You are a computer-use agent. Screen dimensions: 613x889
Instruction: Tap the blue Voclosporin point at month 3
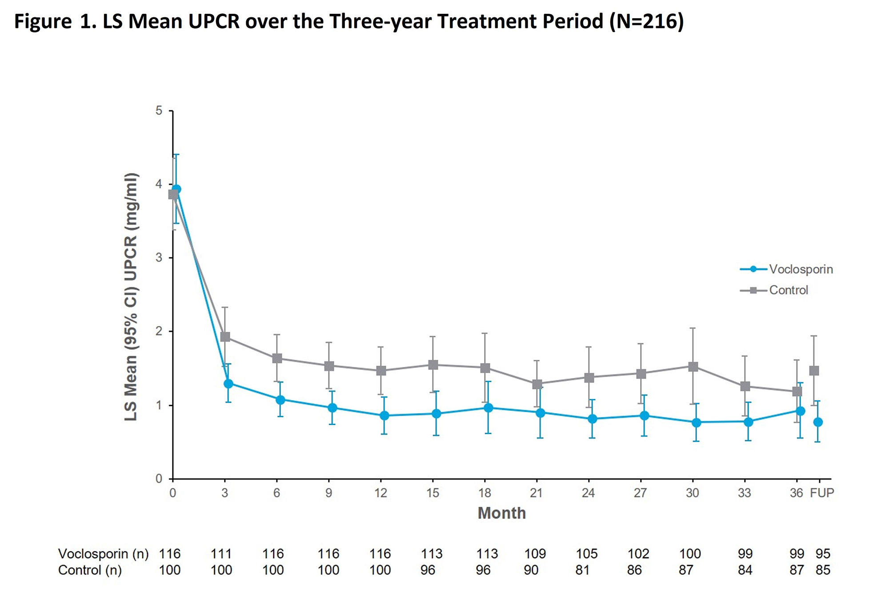pos(228,383)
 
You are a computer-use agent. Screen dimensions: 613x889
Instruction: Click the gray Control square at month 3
pos(225,337)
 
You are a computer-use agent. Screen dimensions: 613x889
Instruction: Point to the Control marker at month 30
pos(693,367)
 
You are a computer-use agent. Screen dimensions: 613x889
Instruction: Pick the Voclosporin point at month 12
pos(384,415)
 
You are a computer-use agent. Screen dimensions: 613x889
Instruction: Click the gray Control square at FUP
pos(814,371)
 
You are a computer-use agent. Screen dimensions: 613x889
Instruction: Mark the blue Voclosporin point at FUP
pos(818,422)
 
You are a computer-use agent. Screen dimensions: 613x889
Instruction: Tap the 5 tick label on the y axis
pos(159,110)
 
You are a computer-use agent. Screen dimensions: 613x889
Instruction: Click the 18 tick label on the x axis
pos(485,493)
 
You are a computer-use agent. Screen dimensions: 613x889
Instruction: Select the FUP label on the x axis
pos(822,493)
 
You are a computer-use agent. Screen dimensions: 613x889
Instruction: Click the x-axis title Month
pos(501,513)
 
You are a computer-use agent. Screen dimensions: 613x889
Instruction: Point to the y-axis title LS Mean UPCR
pos(131,297)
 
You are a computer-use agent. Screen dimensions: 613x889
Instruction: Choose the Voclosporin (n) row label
pos(103,554)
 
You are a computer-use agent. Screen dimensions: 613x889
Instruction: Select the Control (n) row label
pos(90,570)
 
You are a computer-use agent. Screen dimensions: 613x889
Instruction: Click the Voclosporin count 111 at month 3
pos(221,554)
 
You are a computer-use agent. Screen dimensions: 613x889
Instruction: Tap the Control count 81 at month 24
pos(583,570)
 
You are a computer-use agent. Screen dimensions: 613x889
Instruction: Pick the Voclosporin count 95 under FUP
pos(823,554)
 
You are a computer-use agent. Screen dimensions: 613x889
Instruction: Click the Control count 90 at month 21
pos(531,570)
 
